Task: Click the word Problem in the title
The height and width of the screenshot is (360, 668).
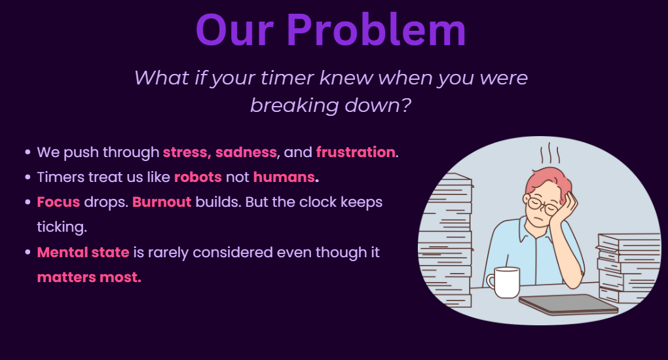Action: click(376, 30)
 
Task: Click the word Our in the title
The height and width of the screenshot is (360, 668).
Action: click(234, 30)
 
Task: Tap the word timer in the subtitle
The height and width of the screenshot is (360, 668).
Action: click(288, 78)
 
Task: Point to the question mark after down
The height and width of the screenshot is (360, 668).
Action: click(406, 105)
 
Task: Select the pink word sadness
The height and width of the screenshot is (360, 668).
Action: click(246, 152)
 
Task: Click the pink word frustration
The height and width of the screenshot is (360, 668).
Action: click(356, 152)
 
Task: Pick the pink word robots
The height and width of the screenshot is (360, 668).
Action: click(198, 177)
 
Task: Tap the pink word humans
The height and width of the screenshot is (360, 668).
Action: click(284, 177)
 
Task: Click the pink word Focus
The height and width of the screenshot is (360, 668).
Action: click(58, 202)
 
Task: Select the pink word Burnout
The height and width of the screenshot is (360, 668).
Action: click(162, 202)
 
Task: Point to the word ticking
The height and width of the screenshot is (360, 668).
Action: click(62, 227)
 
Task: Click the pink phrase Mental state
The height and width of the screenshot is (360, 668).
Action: click(83, 252)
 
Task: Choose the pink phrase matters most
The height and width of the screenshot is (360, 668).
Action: click(89, 278)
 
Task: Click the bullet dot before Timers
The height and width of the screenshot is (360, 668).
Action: click(28, 177)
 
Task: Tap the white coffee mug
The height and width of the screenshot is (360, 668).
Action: click(504, 282)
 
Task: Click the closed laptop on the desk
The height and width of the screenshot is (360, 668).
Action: click(568, 304)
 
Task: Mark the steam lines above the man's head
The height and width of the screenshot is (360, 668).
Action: click(550, 153)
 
